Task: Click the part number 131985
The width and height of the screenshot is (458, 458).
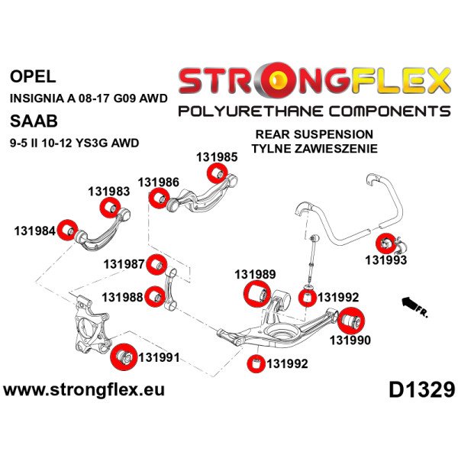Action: point(217,157)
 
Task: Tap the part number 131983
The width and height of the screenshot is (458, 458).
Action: point(109,192)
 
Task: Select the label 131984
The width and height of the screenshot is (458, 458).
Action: point(34,231)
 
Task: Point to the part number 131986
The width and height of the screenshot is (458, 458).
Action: point(159,182)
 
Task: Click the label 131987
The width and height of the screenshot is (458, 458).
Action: point(124,264)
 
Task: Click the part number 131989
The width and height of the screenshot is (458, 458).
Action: point(255,274)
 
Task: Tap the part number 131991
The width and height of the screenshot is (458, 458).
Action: point(160,356)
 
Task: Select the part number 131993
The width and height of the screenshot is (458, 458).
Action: point(385,260)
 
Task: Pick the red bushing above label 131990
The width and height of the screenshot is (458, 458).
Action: point(353,317)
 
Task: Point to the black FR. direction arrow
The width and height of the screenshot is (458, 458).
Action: point(415,306)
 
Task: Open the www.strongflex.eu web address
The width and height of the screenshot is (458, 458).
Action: point(84,390)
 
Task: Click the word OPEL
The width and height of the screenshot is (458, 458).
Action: point(33,76)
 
